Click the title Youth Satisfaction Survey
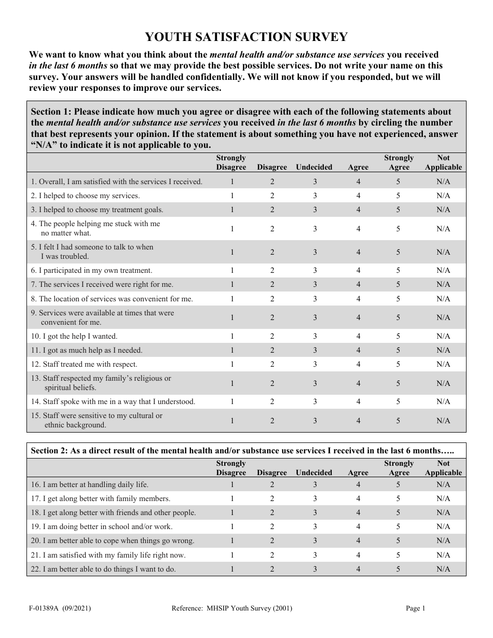246,37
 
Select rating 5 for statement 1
398,182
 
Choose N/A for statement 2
443,196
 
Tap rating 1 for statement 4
232,229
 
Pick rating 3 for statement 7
314,284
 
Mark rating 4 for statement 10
358,336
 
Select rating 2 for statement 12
272,364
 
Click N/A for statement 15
443,421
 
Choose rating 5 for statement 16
398,484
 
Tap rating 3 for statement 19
314,526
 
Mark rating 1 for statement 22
232,569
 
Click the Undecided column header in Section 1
314,167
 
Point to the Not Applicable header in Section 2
443,468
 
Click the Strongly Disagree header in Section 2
231,468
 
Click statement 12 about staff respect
84,364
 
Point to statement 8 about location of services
112,299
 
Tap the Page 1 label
415,609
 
